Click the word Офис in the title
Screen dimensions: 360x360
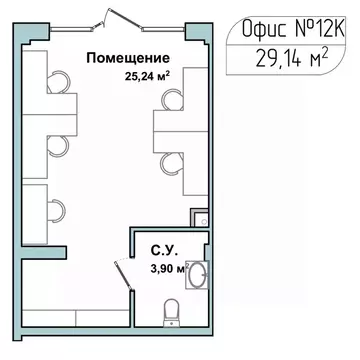click(x=263, y=30)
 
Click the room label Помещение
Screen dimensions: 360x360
click(x=126, y=56)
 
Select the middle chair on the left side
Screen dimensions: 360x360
click(x=59, y=146)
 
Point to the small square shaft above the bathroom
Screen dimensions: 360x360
click(x=201, y=215)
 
